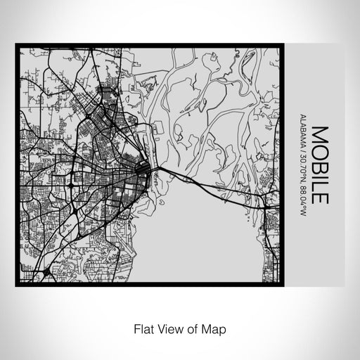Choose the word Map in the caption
[x=213, y=327]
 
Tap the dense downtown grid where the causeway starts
[x=141, y=169]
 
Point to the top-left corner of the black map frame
[x=17, y=46]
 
